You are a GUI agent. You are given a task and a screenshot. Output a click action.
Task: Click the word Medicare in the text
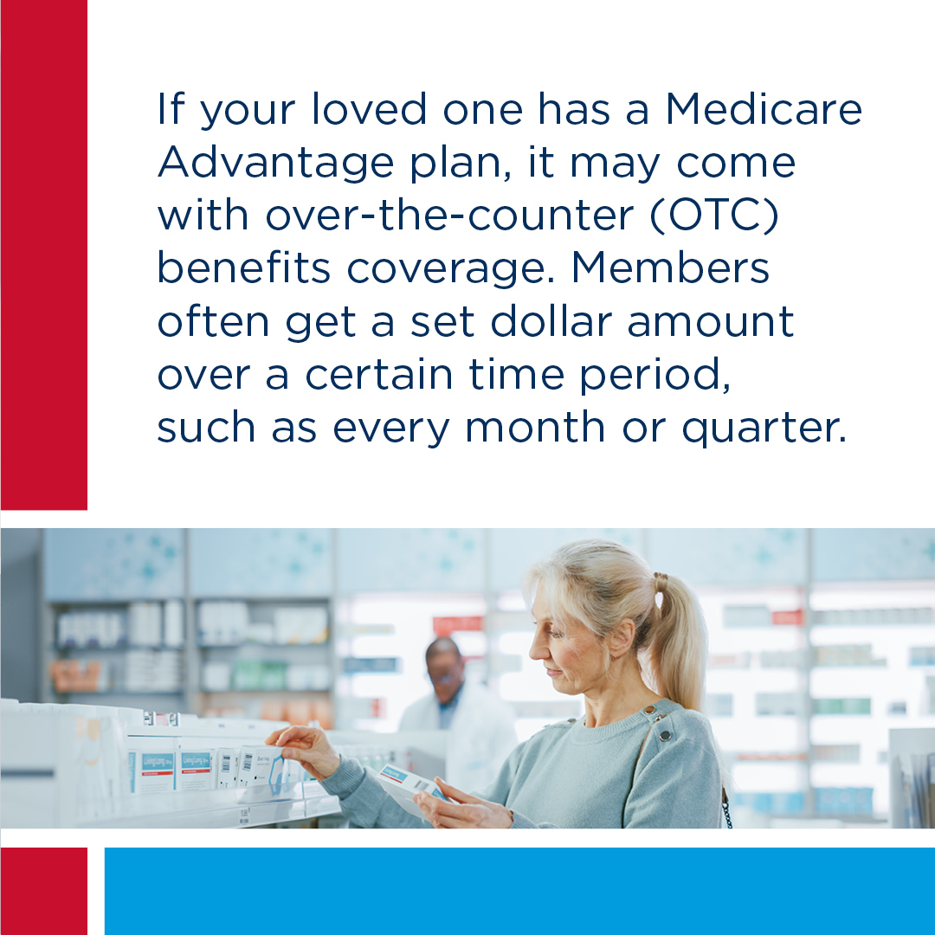pos(764,109)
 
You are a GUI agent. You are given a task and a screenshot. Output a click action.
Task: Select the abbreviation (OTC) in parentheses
pos(714,216)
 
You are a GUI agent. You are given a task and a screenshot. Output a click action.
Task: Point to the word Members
pos(670,268)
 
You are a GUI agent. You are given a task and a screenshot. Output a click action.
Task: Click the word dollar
pos(551,321)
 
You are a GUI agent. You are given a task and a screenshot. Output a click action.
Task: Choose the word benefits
pos(244,268)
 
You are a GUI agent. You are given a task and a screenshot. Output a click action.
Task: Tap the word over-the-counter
pos(449,216)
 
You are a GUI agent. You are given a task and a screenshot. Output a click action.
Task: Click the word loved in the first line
pos(369,109)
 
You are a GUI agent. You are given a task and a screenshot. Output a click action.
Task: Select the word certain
pos(379,375)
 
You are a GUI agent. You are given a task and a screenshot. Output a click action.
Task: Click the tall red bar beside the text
pos(44,255)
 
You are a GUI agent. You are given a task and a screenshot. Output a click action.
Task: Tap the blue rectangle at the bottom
pos(519,891)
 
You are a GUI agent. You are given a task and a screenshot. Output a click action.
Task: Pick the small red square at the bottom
pos(44,891)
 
